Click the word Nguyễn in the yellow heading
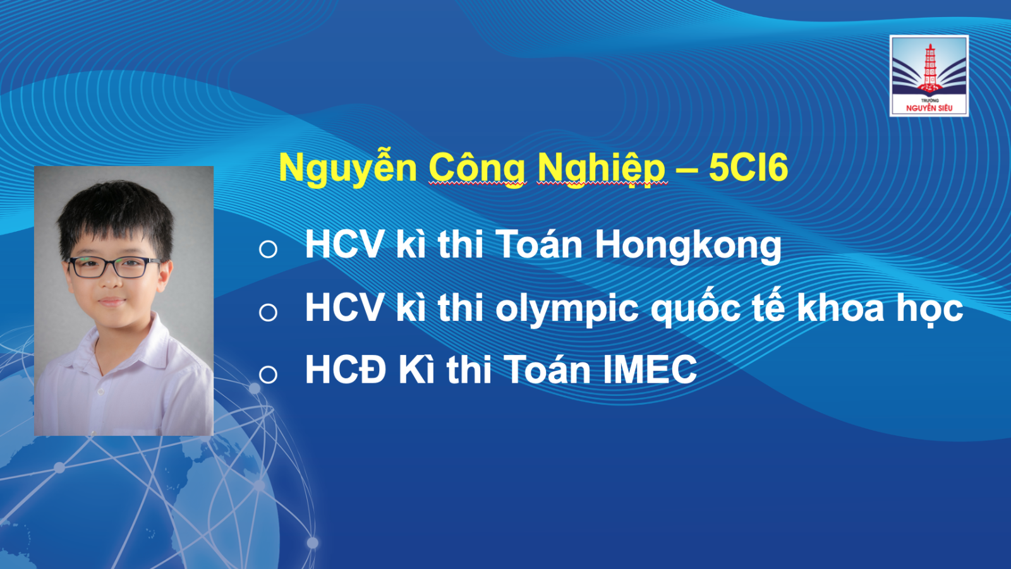tap(348, 168)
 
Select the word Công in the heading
tap(477, 168)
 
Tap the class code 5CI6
tap(748, 167)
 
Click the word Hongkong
tap(688, 246)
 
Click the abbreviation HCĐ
tap(346, 369)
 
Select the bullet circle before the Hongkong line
tap(268, 249)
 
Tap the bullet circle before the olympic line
tap(268, 312)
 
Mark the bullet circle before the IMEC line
tap(268, 374)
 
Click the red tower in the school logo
tap(929, 68)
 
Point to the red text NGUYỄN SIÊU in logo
tap(929, 108)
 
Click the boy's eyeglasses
tap(113, 267)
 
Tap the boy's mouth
tap(111, 301)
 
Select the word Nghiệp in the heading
tap(602, 168)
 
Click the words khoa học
tap(880, 309)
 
